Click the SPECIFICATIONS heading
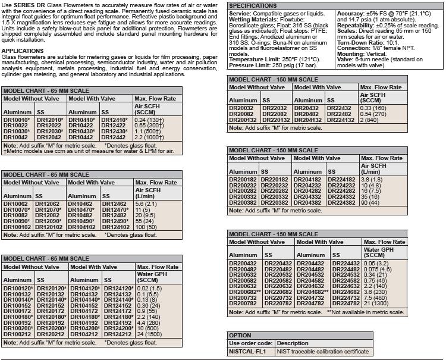pos(253,5)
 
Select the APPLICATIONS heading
pos(23,51)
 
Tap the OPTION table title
pos(240,335)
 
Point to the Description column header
pos(293,343)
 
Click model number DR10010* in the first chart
pos(17,120)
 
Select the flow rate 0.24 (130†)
pos(149,120)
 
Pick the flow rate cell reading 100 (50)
pos(146,227)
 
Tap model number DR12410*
pos(114,120)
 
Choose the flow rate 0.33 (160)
pos(375,108)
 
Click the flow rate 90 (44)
pos(371,203)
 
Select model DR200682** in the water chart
pos(246,292)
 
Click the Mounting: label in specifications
pos(351,54)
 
